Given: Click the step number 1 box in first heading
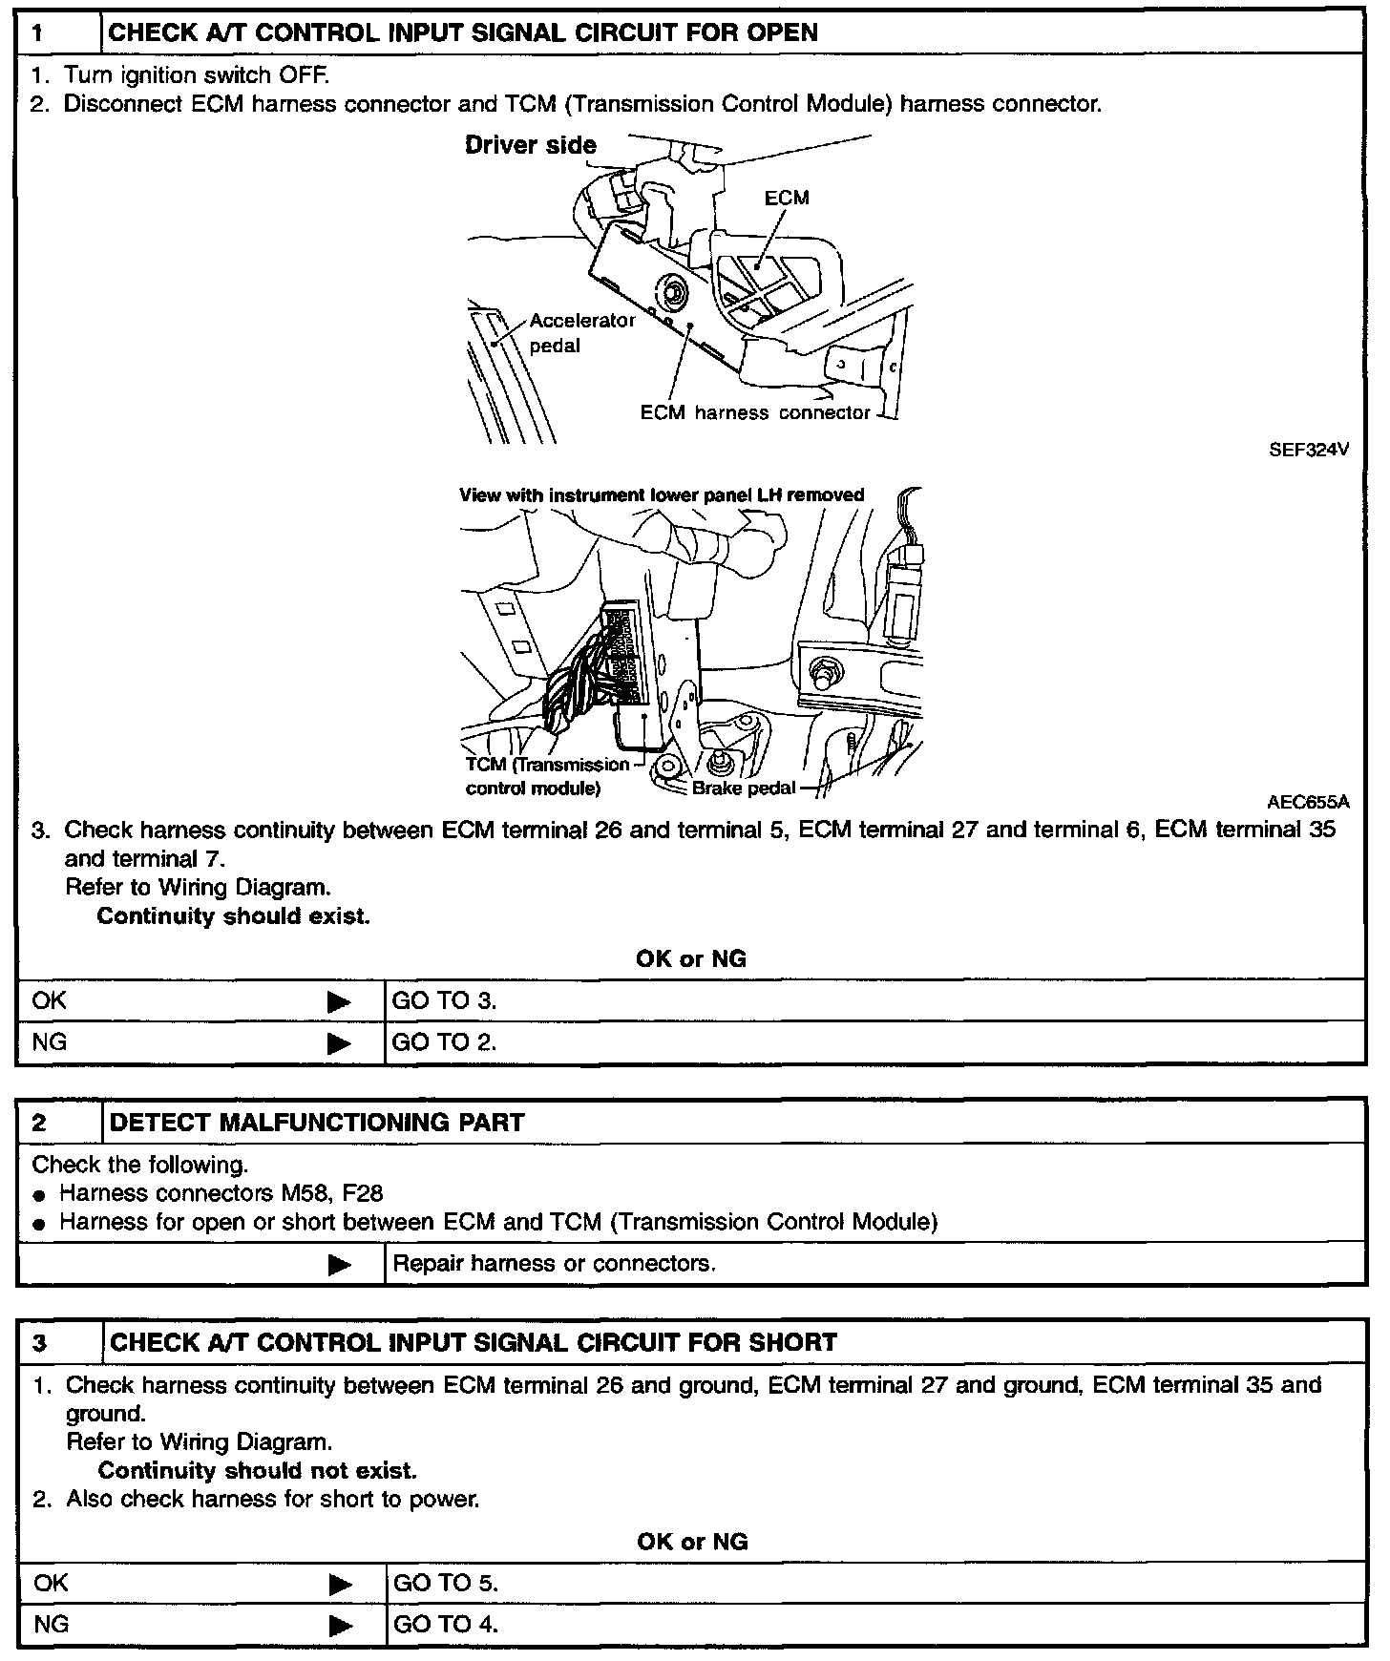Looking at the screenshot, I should click(x=58, y=32).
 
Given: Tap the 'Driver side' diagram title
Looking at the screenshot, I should click(x=530, y=145).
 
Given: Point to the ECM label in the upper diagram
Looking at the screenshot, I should click(x=787, y=198).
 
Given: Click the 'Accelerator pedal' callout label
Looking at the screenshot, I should click(x=581, y=333).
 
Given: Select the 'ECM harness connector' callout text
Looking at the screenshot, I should click(x=754, y=412).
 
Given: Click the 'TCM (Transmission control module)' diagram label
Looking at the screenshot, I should click(x=547, y=776).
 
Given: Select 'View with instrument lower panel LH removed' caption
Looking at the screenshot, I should click(x=662, y=494).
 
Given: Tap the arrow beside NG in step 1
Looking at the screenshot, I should click(x=339, y=1042).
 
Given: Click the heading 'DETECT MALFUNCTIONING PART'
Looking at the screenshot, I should click(x=317, y=1122).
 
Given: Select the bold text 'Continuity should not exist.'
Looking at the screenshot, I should click(x=257, y=1470).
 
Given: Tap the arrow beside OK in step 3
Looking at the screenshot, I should click(x=340, y=1584).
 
